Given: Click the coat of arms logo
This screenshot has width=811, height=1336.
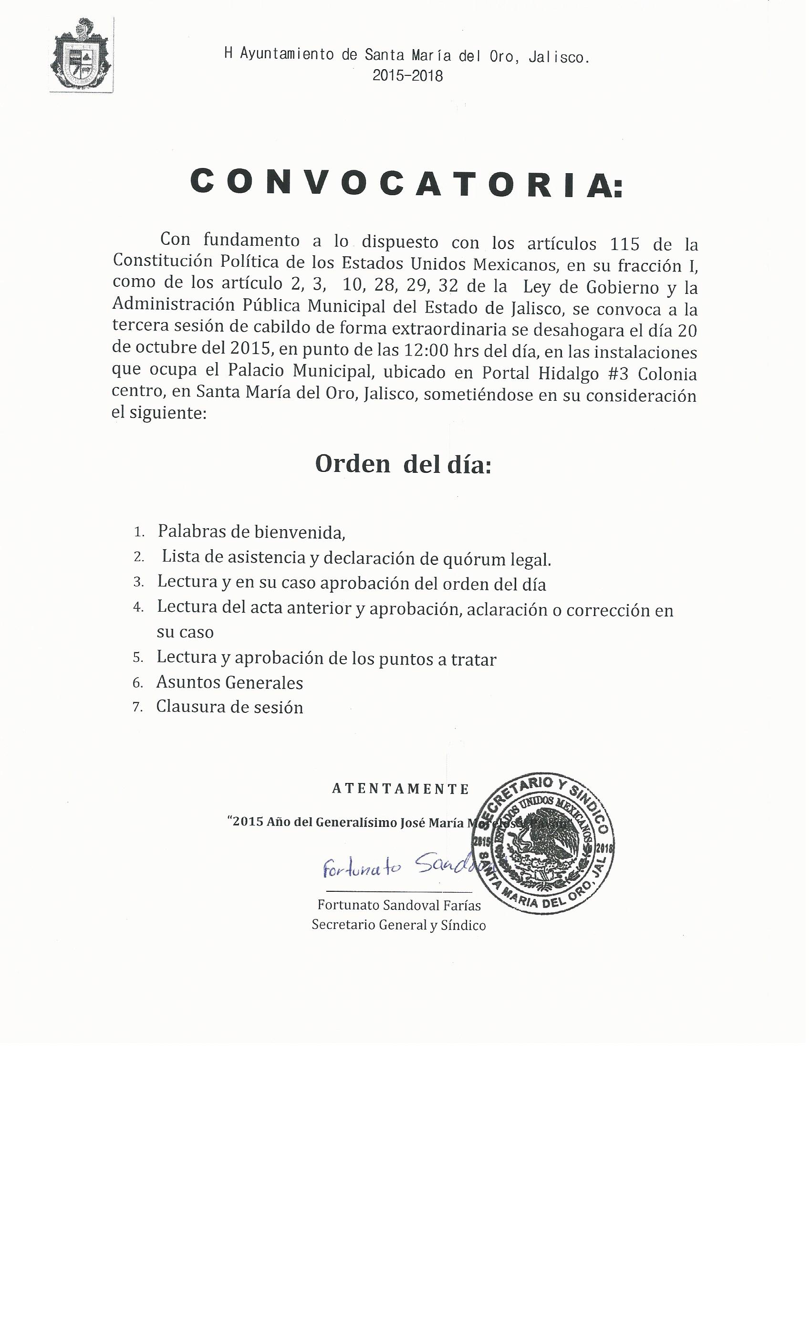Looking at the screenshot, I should [81, 56].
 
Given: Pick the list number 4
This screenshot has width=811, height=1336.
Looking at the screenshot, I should [138, 607].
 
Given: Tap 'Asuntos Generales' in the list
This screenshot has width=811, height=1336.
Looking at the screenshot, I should [229, 682].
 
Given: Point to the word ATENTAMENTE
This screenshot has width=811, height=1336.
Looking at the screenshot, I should [401, 789].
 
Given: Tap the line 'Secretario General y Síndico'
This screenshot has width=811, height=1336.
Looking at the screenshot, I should [398, 925].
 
